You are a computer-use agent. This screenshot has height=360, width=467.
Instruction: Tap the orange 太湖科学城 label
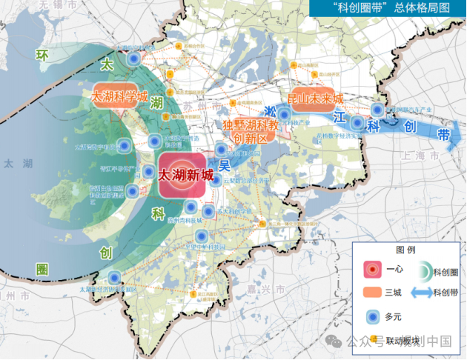coord(119,98)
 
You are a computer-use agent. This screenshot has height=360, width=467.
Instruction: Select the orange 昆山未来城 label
coord(315,99)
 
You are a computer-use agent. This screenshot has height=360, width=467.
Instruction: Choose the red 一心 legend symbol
coord(372,269)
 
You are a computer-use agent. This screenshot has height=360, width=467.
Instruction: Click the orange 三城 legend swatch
coord(372,293)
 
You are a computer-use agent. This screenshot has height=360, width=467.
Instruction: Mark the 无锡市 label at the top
coord(59,4)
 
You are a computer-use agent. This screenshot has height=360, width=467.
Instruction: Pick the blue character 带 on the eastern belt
coord(443,135)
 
